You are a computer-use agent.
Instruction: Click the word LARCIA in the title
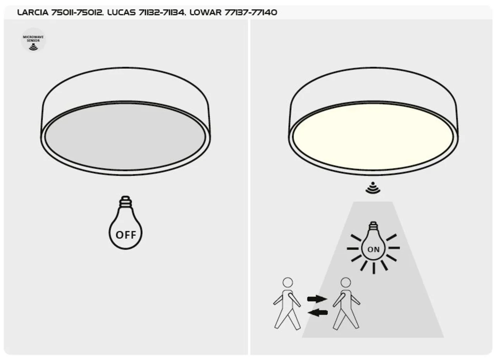click(33, 12)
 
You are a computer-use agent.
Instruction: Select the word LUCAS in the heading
click(121, 12)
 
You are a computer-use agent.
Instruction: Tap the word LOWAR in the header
click(205, 12)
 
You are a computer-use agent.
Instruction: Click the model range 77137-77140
click(251, 12)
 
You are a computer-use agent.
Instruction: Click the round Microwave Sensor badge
click(33, 40)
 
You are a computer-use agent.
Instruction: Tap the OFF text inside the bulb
click(126, 235)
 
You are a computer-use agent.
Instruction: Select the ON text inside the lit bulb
click(374, 250)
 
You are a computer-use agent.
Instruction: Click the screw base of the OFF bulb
click(126, 202)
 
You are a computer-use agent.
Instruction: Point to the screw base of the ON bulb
click(373, 226)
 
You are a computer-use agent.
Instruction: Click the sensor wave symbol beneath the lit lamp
click(373, 188)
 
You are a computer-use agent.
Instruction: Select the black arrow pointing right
click(317, 299)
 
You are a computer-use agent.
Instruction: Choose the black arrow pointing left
click(317, 313)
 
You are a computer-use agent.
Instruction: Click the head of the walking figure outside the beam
click(288, 282)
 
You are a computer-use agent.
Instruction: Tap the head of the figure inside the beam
click(346, 282)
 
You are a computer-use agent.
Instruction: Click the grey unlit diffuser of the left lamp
click(125, 137)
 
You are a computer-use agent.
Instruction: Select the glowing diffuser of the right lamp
click(373, 137)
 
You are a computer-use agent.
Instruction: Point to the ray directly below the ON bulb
click(374, 268)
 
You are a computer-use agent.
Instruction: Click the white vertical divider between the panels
click(249, 187)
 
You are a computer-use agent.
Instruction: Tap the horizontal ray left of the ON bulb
click(353, 249)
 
